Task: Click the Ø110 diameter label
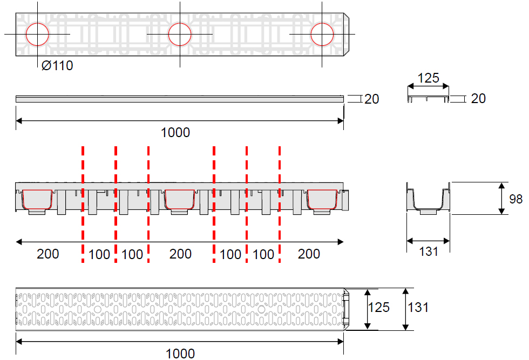57,65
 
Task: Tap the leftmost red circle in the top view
37,23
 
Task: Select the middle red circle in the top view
180,23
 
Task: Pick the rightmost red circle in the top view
322,23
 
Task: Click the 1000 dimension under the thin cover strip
175,132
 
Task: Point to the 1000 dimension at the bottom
180,354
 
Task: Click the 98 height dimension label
516,199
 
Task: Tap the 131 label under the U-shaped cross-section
429,252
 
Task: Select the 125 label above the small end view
429,78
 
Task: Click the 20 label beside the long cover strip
372,99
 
